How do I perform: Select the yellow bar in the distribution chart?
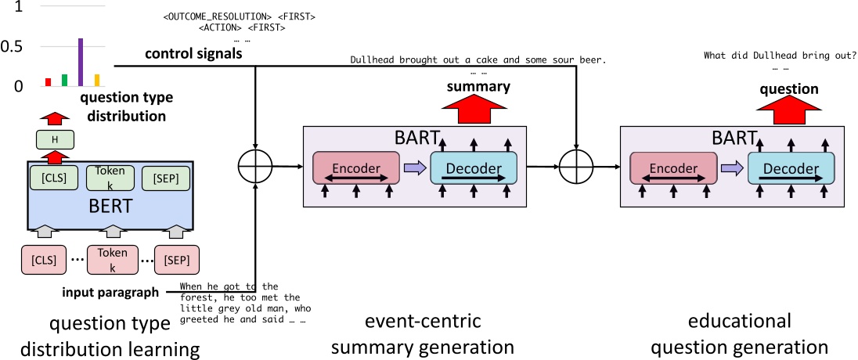[x=97, y=80]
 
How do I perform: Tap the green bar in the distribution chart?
[x=64, y=80]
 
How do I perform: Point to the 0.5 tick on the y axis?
[x=13, y=47]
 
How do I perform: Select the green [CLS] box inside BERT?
[x=49, y=178]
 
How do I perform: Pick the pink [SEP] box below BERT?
[x=176, y=258]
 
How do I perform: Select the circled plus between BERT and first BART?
[x=255, y=166]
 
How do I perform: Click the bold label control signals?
[x=193, y=54]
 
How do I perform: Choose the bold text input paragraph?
[x=110, y=293]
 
